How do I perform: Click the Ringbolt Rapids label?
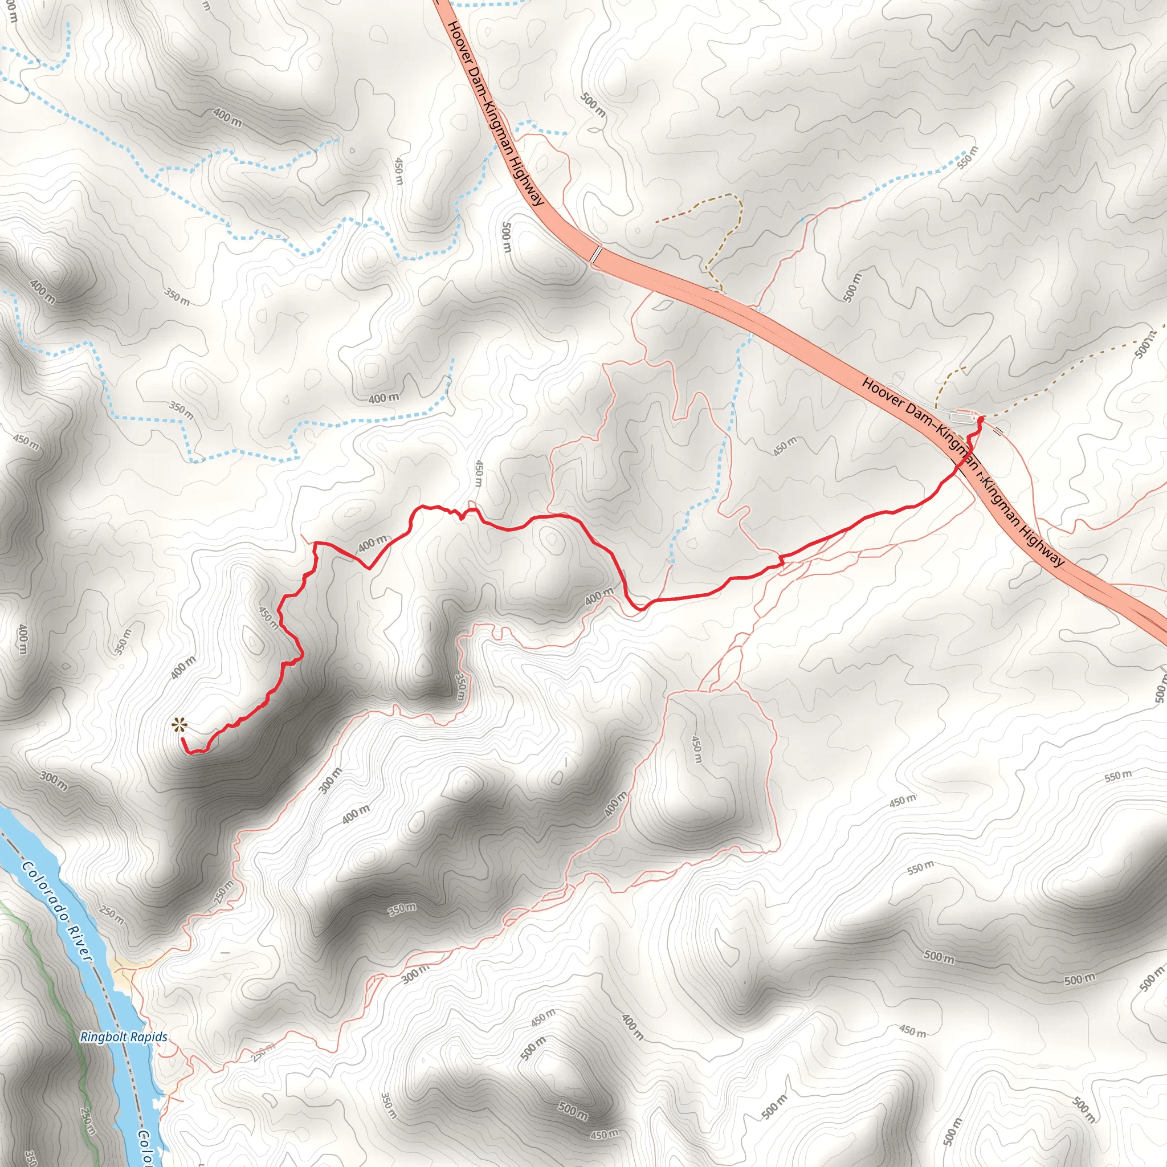[x=124, y=1037]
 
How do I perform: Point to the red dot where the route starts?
[x=980, y=418]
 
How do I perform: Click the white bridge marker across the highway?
[x=596, y=254]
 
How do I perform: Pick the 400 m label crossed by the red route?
[x=372, y=544]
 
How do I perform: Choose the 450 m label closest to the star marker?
[x=269, y=618]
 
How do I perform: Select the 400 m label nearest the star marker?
[x=183, y=667]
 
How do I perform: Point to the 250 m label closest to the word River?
[x=112, y=915]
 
